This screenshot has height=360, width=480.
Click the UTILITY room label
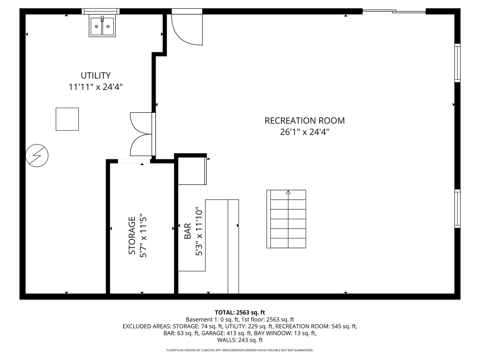(95, 75)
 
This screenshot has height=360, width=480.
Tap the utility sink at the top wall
(102, 26)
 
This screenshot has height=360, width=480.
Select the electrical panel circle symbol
(37, 155)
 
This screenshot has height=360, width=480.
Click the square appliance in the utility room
(67, 119)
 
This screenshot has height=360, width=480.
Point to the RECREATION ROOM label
(304, 121)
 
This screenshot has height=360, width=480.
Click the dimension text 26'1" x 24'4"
(304, 132)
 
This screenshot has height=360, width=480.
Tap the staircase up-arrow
(288, 193)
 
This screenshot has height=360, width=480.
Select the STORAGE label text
(132, 235)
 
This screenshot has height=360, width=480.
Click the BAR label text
(188, 231)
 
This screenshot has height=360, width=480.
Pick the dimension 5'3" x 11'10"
(199, 231)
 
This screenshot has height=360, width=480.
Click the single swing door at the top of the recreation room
(187, 28)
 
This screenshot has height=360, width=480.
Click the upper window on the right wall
(457, 63)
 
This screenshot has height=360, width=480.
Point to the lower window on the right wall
(457, 209)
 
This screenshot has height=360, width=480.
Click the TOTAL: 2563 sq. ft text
(240, 312)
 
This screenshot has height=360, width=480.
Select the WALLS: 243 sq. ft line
(240, 340)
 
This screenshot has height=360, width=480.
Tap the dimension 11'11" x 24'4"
(95, 87)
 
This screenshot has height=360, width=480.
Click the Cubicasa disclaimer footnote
(240, 350)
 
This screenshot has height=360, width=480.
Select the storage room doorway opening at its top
(134, 161)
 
